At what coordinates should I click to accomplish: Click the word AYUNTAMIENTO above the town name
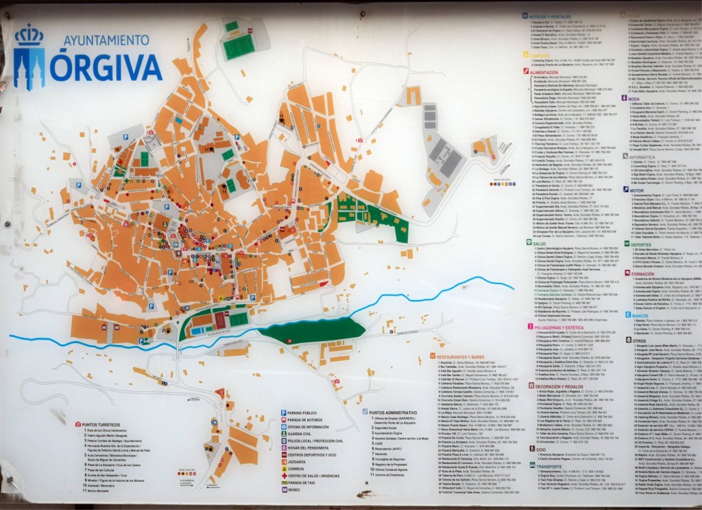(106, 40)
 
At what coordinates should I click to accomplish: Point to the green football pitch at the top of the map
(239, 47)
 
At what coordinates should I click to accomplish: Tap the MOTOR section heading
(638, 189)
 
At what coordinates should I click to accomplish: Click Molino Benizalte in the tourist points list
(100, 491)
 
